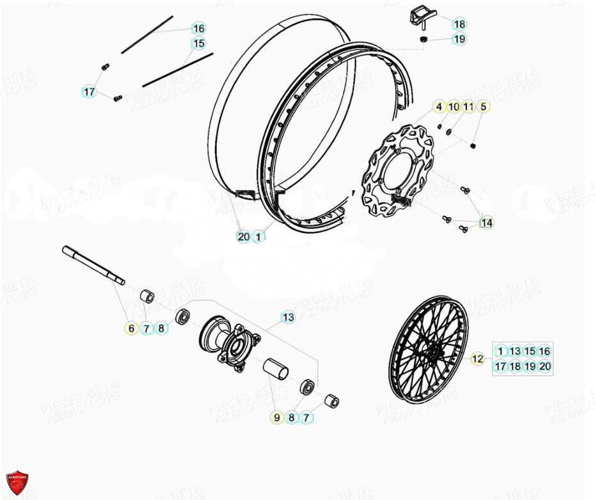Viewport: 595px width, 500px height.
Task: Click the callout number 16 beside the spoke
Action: coord(199,28)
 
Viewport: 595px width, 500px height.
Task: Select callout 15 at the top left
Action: coord(199,44)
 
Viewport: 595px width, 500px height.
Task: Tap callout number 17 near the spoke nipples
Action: coord(90,92)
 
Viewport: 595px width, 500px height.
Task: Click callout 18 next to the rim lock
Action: coord(459,24)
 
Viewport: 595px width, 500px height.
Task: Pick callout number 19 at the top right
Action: coord(459,39)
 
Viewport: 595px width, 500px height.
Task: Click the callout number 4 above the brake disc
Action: coord(439,107)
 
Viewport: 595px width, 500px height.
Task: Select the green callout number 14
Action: coord(487,223)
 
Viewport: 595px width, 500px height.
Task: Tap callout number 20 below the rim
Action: coord(243,237)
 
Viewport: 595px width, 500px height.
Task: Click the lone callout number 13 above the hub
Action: coord(288,317)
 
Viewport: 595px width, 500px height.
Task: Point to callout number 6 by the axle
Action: coord(131,328)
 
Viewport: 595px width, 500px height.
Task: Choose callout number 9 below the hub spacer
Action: coord(277,417)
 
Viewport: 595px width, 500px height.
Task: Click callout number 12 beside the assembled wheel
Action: coord(477,359)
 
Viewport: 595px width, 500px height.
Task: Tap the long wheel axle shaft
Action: coord(93,263)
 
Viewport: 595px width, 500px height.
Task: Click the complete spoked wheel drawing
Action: coord(427,349)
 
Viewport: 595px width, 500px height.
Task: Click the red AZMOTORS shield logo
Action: coord(17,482)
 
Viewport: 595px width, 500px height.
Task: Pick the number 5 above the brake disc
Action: coord(483,107)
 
